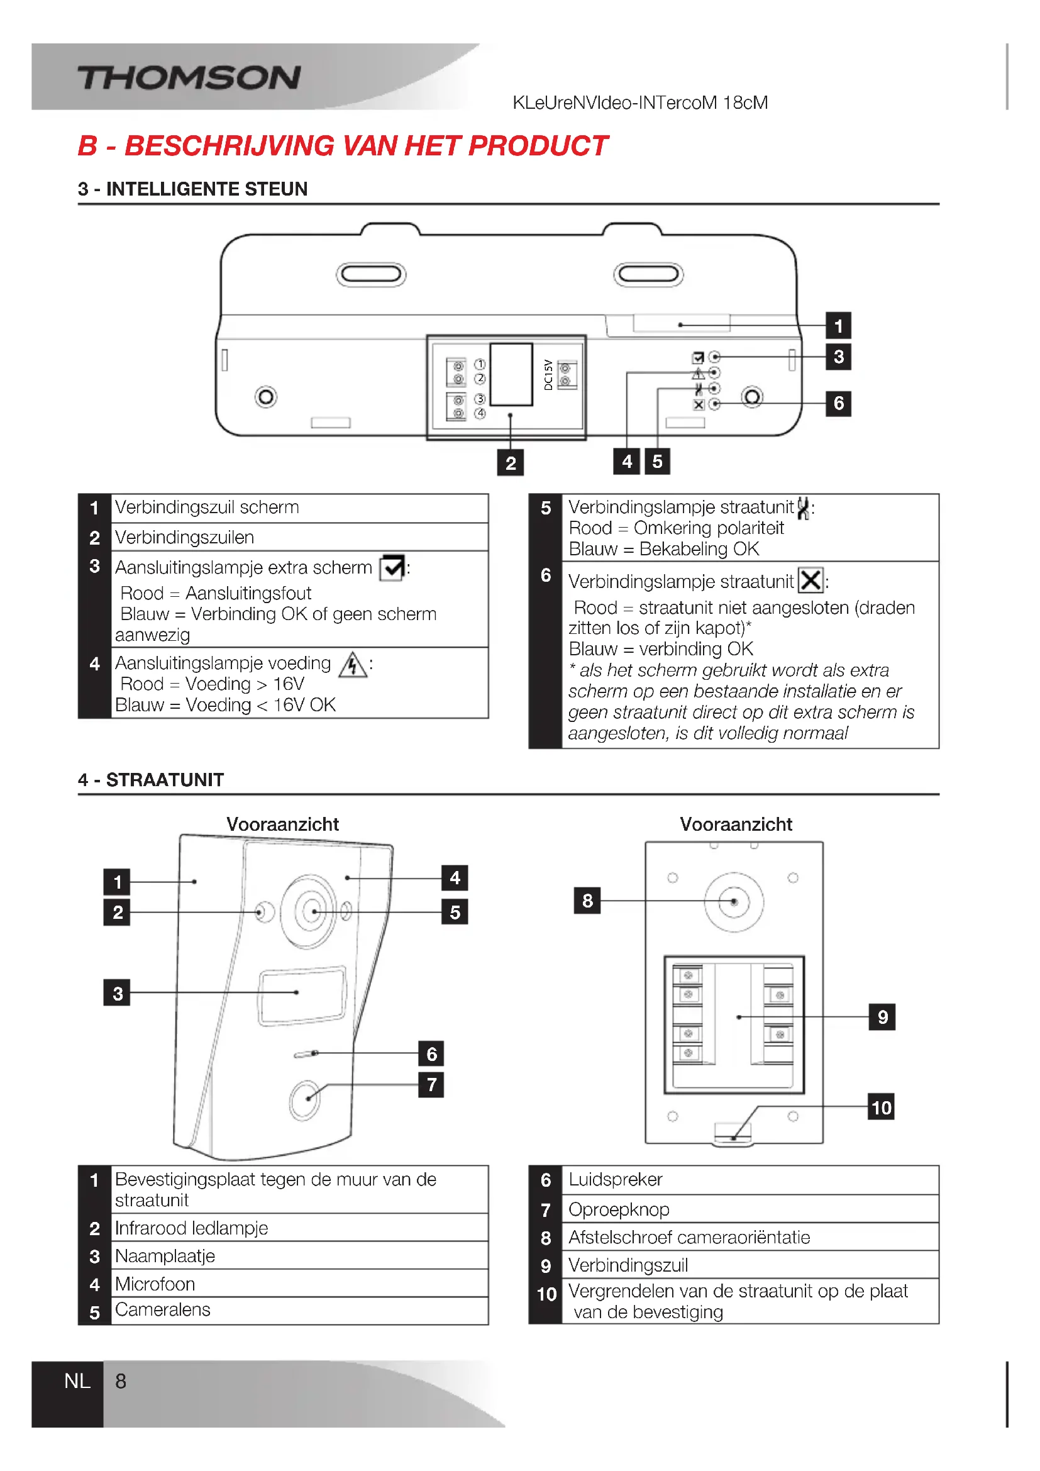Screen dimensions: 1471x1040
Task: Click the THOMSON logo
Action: click(x=189, y=78)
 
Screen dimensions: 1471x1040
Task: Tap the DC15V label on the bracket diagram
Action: click(x=548, y=375)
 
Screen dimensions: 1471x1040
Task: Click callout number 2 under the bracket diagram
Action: click(x=511, y=463)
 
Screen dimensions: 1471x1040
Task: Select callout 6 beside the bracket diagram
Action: click(x=838, y=404)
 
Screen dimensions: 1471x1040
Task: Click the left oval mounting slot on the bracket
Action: click(x=371, y=274)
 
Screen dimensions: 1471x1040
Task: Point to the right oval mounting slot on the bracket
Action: click(x=648, y=274)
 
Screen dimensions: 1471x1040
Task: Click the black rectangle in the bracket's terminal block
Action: click(x=511, y=375)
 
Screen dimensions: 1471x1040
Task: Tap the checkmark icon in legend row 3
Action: click(x=392, y=568)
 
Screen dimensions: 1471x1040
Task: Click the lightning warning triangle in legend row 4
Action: click(x=353, y=665)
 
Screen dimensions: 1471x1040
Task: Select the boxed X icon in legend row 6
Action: click(x=810, y=580)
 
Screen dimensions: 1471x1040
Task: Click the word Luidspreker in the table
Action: click(x=615, y=1179)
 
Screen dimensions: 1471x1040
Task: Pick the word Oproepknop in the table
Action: click(x=619, y=1209)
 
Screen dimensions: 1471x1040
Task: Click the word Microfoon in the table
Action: click(x=155, y=1284)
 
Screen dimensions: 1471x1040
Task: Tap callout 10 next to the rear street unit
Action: click(x=881, y=1107)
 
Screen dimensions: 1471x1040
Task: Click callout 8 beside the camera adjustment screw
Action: click(x=587, y=901)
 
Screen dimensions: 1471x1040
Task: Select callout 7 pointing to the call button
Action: click(x=431, y=1085)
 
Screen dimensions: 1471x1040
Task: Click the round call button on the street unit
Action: click(x=305, y=1100)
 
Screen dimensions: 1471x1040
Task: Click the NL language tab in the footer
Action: click(x=77, y=1381)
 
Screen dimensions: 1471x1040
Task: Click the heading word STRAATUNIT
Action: click(x=165, y=780)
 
